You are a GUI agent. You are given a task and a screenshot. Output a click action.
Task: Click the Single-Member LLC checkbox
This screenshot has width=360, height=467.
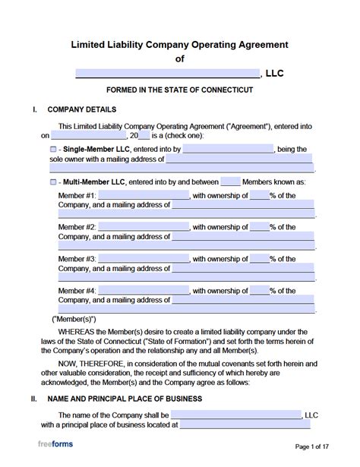[53, 150]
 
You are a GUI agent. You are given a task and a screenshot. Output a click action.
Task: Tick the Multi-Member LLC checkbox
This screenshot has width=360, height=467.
[53, 182]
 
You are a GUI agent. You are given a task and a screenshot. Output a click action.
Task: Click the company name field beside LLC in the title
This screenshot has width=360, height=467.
[167, 74]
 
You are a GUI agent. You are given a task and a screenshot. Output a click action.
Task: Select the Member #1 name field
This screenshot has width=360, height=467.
[144, 195]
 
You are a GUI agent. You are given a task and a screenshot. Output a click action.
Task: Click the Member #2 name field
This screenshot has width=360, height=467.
[144, 227]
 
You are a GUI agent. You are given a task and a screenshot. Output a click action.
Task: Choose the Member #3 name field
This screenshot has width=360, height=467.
[144, 259]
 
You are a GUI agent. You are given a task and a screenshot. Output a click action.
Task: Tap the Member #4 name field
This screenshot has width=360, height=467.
[144, 291]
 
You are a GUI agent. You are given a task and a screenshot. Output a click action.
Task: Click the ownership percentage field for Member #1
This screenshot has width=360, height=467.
[259, 195]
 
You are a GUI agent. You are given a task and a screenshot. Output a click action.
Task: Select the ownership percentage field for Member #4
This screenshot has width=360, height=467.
[259, 291]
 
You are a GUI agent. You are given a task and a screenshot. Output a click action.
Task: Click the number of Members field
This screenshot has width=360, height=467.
[230, 182]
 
